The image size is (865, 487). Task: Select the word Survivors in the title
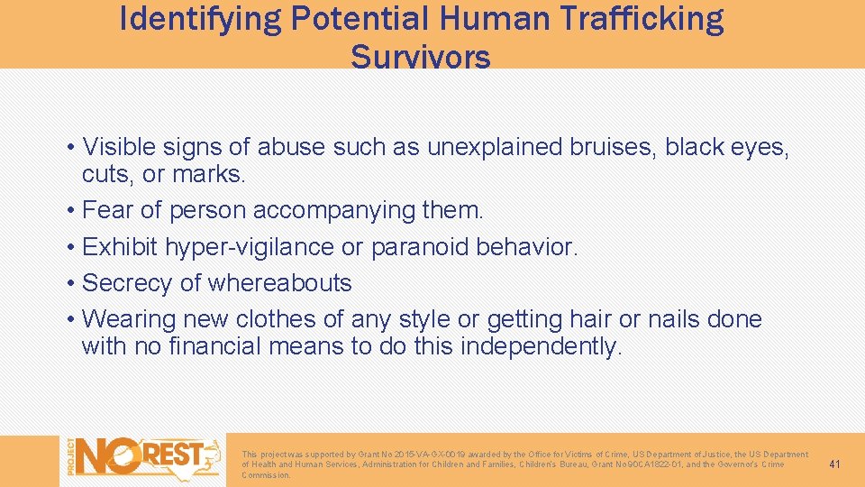[x=421, y=57]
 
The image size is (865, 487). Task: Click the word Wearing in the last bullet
[x=128, y=318]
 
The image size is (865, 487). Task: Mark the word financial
[x=211, y=345]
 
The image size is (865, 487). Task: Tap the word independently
[x=541, y=345]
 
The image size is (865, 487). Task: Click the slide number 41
[x=834, y=464]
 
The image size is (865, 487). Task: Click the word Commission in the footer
[x=265, y=475]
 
